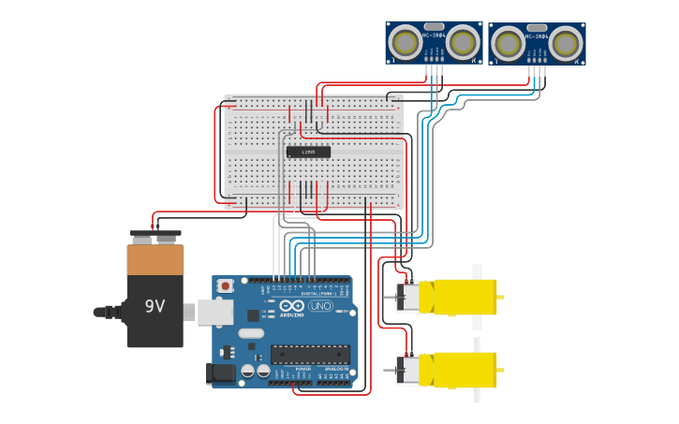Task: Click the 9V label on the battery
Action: (x=155, y=306)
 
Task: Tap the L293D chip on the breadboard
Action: (x=308, y=152)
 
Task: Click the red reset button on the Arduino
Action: (x=225, y=285)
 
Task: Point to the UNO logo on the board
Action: (x=321, y=306)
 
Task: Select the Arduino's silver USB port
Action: (x=214, y=312)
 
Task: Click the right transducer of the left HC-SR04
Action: (x=462, y=42)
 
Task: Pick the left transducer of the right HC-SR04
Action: (x=509, y=43)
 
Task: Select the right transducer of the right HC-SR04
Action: (x=565, y=43)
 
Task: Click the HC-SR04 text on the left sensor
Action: (x=434, y=36)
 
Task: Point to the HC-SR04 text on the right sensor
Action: (x=537, y=37)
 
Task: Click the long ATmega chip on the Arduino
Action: (x=310, y=355)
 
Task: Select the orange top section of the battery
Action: (x=155, y=259)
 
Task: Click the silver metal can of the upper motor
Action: (x=408, y=298)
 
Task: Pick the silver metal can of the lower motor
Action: (x=408, y=370)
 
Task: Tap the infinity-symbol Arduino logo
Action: (x=291, y=306)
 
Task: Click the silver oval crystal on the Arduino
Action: (x=251, y=333)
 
